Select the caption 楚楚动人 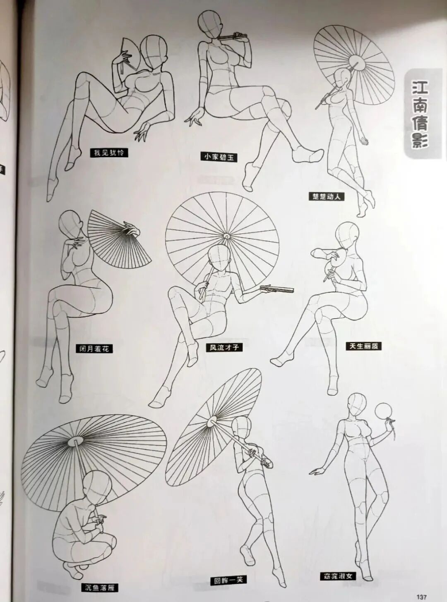(x=327, y=196)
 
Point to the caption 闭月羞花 (x=94, y=348)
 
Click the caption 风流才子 (x=224, y=347)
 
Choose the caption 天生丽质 (x=363, y=346)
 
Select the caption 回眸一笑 (x=228, y=580)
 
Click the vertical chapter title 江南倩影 (x=420, y=114)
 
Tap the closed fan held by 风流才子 (x=277, y=289)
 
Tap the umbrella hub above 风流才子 (x=226, y=236)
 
